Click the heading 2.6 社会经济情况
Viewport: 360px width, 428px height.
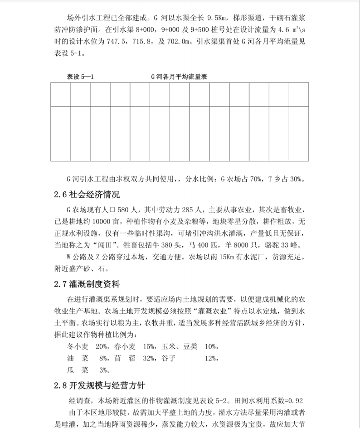pyautogui.click(x=87, y=195)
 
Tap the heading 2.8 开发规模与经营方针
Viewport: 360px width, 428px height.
pyautogui.click(x=99, y=386)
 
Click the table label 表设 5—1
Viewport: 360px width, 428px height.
pyautogui.click(x=80, y=77)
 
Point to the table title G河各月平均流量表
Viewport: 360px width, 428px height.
pyautogui.click(x=179, y=77)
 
